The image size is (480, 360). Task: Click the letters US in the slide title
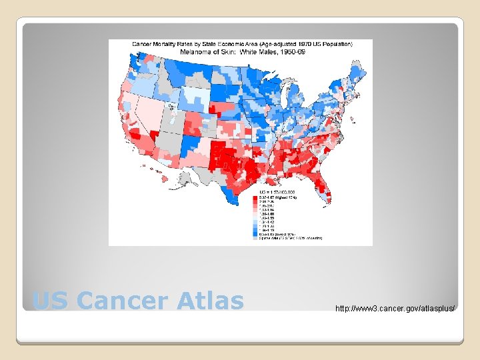[47, 301]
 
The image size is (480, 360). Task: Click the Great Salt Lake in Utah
[171, 105]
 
